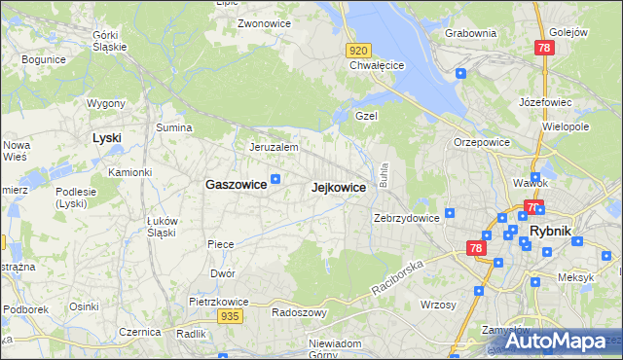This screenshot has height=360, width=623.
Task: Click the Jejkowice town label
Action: click(338, 188)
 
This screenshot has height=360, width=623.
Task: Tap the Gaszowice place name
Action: click(236, 184)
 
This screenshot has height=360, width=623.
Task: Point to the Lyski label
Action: click(106, 138)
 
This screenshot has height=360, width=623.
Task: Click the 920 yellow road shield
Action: click(358, 51)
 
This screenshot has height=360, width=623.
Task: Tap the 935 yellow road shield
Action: click(230, 316)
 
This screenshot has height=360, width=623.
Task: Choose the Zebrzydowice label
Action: click(406, 218)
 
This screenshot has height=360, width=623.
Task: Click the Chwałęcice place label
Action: click(377, 66)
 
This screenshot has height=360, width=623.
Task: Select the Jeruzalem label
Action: click(273, 147)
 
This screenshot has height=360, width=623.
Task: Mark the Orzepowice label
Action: click(482, 142)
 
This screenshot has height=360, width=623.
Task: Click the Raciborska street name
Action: click(398, 277)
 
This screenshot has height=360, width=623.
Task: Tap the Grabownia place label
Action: click(470, 33)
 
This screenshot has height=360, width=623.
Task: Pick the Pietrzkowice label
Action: click(216, 302)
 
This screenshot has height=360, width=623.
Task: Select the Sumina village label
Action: click(173, 127)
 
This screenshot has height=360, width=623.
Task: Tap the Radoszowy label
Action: click(298, 312)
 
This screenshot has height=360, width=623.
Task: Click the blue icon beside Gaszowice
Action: click(275, 178)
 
